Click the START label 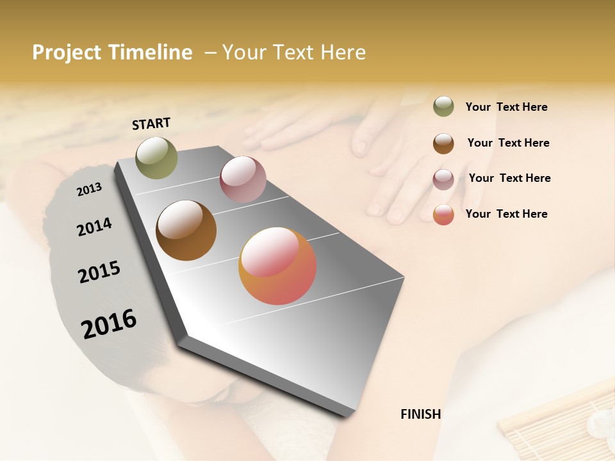(151, 124)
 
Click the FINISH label (420, 414)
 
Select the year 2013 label (89, 189)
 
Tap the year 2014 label (94, 227)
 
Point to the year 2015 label (99, 272)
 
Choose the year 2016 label (109, 323)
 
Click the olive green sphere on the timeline (156, 158)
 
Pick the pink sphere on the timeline (243, 179)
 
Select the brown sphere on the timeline (186, 230)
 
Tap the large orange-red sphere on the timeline (277, 266)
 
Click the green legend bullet (443, 106)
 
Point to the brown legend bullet (443, 143)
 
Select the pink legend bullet (443, 179)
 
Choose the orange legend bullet (443, 214)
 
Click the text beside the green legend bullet (506, 107)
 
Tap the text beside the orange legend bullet (506, 214)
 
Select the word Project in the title (67, 53)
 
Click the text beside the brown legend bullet (508, 143)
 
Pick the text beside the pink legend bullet (509, 178)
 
